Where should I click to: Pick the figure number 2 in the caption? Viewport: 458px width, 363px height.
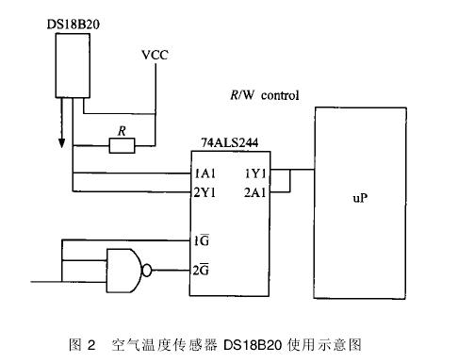(x=91, y=345)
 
